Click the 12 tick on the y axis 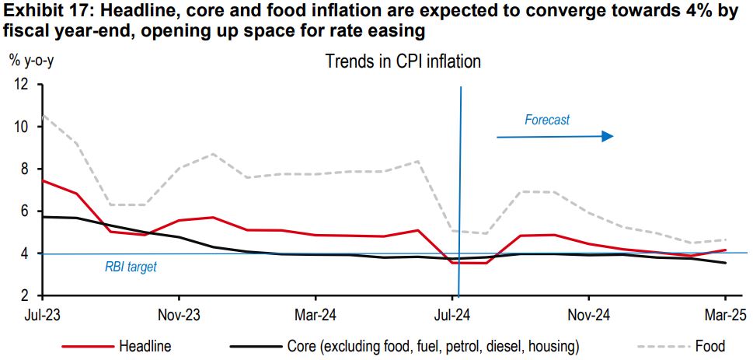(21, 84)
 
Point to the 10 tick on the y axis (21, 127)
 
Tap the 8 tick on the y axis (24, 169)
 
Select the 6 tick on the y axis (24, 211)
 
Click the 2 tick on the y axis (24, 296)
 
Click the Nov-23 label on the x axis (179, 316)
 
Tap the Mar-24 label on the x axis (315, 316)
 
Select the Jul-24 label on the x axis (452, 316)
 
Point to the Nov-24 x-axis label (589, 316)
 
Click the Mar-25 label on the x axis (725, 316)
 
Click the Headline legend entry (145, 346)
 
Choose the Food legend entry (710, 346)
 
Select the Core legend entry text (433, 346)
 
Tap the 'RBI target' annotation (131, 267)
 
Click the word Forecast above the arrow (546, 120)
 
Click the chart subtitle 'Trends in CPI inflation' (403, 61)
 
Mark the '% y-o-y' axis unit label (31, 61)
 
